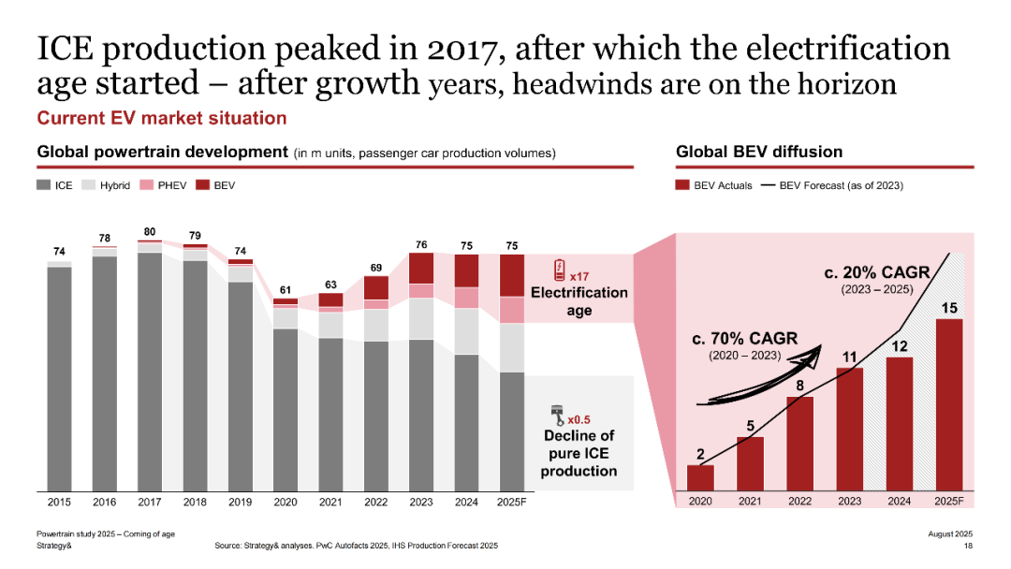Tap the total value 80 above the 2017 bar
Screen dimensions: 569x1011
(150, 230)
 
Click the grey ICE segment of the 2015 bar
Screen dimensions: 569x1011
(59, 379)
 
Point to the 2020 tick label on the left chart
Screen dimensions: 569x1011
(286, 502)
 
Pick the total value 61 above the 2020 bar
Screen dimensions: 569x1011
(286, 289)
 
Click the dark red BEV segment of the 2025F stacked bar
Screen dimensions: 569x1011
(511, 275)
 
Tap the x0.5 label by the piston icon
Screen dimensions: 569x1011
(579, 420)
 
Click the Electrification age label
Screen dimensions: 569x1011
(579, 301)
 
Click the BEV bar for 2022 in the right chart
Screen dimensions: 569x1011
(799, 444)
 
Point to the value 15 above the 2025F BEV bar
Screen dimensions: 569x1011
(948, 308)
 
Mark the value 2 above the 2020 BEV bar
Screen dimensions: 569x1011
(700, 455)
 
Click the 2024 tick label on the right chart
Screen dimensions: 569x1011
(899, 502)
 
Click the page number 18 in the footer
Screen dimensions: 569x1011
(968, 545)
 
